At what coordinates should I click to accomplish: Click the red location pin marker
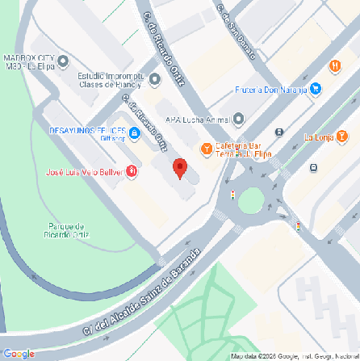pyautogui.click(x=181, y=169)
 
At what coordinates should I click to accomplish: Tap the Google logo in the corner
pyautogui.click(x=19, y=353)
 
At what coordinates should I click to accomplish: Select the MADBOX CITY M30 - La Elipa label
pyautogui.click(x=28, y=62)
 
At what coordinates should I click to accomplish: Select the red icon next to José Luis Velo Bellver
pyautogui.click(x=132, y=172)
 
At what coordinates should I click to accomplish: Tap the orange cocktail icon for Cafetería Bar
pyautogui.click(x=207, y=149)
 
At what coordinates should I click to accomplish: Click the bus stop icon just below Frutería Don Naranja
pyautogui.click(x=279, y=132)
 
